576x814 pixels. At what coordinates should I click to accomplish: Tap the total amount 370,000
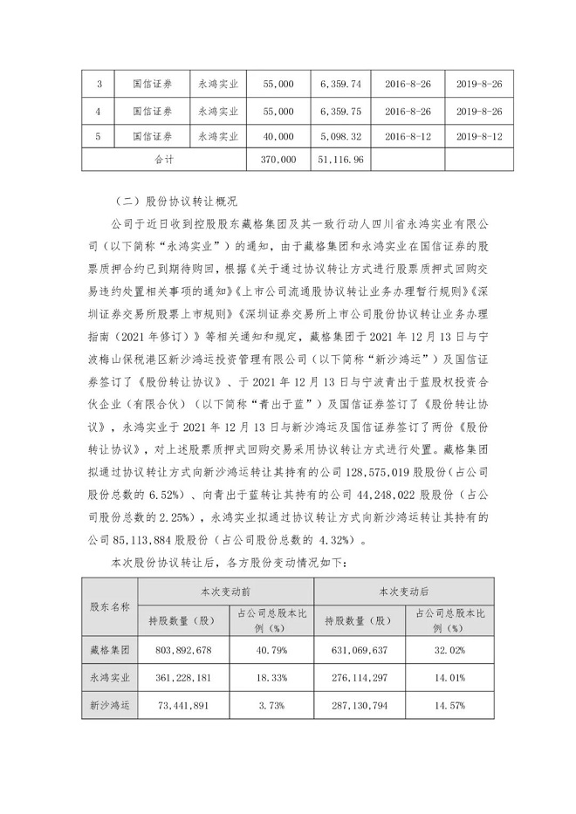pyautogui.click(x=278, y=161)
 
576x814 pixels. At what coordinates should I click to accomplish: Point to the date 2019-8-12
pyautogui.click(x=481, y=135)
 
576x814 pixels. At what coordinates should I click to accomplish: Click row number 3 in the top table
pyautogui.click(x=99, y=83)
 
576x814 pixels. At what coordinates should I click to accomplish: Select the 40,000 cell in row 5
pyautogui.click(x=278, y=135)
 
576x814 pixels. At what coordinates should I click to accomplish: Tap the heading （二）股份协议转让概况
pyautogui.click(x=175, y=200)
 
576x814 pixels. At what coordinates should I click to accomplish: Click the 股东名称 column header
pyautogui.click(x=109, y=605)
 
